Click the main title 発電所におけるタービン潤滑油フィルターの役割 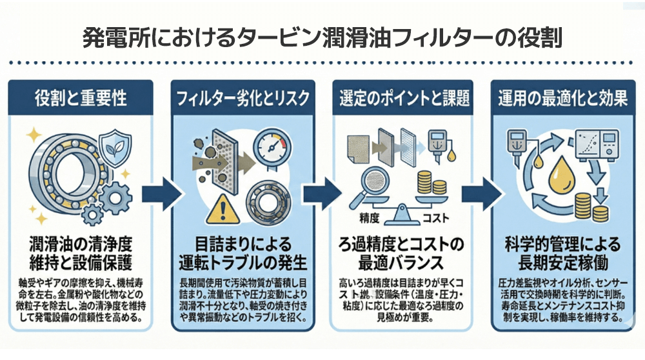point(322,37)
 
